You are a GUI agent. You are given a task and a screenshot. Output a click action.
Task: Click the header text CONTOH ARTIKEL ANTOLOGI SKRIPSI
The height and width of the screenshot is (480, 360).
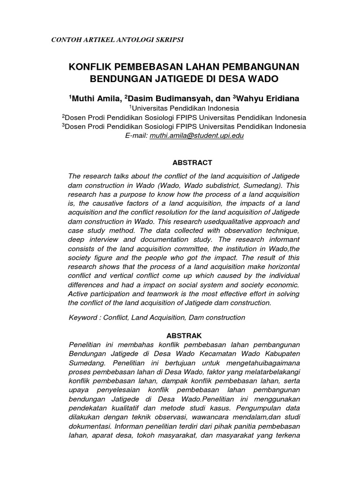click(117, 39)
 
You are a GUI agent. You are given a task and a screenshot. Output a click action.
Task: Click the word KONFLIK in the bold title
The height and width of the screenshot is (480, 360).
click(89, 67)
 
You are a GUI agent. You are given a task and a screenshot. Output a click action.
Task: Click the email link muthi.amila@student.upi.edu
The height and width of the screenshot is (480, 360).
click(197, 135)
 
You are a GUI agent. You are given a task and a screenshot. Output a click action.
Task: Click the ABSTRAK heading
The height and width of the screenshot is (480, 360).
click(184, 336)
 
